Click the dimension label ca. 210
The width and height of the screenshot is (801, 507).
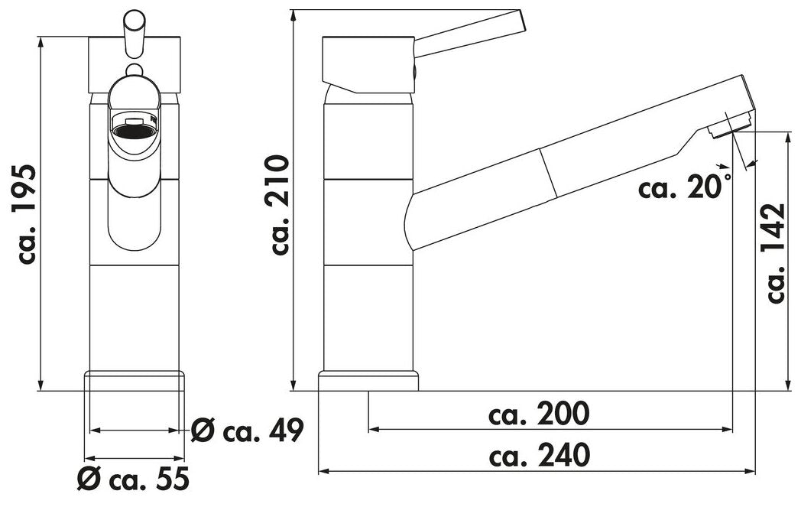[x=281, y=204]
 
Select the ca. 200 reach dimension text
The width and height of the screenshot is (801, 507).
[x=539, y=414]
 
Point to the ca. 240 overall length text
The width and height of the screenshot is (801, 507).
[x=540, y=455]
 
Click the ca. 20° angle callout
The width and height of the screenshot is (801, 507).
[x=685, y=186]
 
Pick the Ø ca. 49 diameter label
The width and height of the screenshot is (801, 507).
[x=248, y=430]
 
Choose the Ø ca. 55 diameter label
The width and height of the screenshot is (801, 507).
[x=133, y=479]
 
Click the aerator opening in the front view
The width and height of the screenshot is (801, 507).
[x=135, y=130]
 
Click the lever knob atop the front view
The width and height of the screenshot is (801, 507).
[x=135, y=32]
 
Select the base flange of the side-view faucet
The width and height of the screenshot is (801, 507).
[x=368, y=381]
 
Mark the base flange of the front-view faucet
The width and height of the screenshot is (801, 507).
[x=135, y=381]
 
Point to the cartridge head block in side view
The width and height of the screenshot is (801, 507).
[x=368, y=64]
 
